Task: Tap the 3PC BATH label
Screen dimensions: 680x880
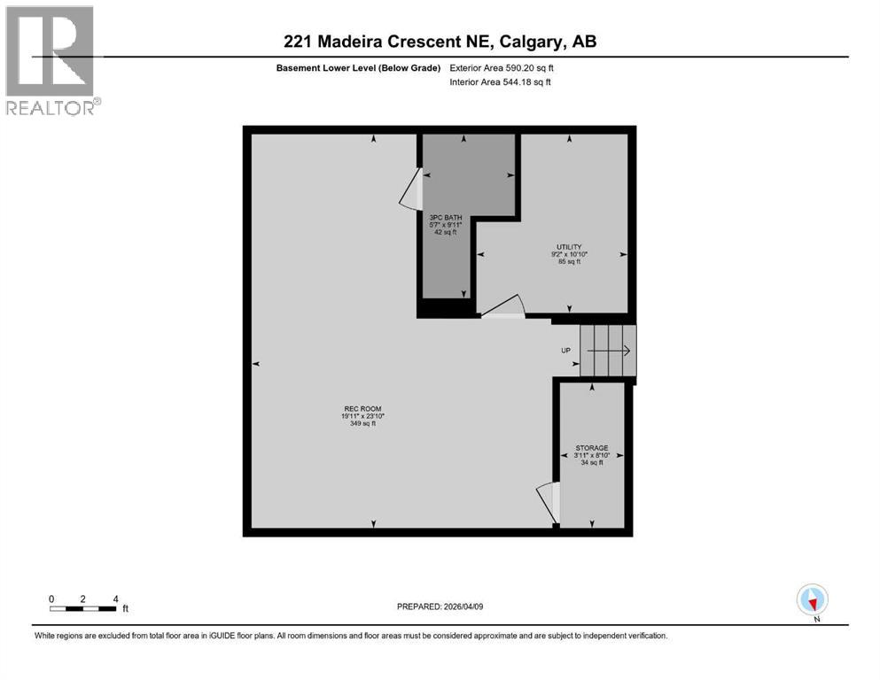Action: [444, 217]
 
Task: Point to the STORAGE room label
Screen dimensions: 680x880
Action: [591, 448]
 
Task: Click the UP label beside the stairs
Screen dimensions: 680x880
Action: [565, 351]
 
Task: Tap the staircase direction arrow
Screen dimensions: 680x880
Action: [608, 351]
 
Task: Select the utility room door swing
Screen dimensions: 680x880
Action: [502, 306]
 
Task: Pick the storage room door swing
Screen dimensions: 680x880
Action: [548, 501]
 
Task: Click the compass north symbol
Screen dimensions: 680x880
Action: [812, 599]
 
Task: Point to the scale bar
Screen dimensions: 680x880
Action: [83, 608]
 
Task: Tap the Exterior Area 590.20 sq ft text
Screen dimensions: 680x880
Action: [502, 67]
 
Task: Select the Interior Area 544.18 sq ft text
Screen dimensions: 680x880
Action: [500, 82]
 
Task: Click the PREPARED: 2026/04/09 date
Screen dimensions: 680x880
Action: [440, 607]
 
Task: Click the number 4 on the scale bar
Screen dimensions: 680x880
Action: [115, 599]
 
